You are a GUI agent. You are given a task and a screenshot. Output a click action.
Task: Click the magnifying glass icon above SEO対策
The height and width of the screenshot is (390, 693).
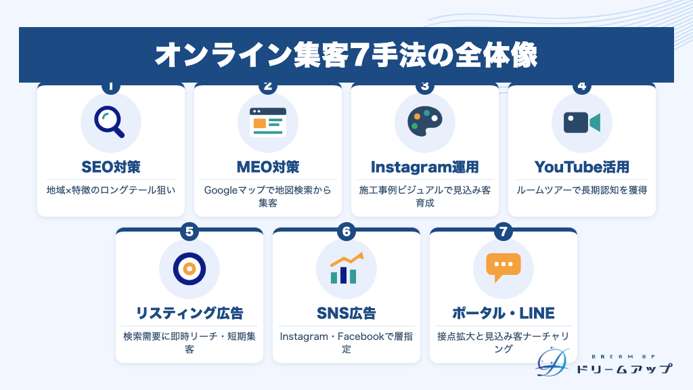[x=109, y=122]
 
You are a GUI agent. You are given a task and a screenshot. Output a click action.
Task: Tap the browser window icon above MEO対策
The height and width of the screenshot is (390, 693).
[x=268, y=123]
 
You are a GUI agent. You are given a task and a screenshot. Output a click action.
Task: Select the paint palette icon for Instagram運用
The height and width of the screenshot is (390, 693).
[x=425, y=121]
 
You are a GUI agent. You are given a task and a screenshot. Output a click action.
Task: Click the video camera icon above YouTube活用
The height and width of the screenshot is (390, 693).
[x=581, y=123]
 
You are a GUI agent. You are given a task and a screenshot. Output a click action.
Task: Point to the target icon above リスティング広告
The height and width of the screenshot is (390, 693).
[x=189, y=268]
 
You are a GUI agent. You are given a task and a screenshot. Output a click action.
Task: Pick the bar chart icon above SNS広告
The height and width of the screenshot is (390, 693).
[x=346, y=268]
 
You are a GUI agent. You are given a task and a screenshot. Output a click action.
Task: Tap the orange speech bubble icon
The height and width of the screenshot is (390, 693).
[x=503, y=267]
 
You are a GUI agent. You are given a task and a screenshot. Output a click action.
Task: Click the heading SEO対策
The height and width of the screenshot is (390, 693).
[x=111, y=167]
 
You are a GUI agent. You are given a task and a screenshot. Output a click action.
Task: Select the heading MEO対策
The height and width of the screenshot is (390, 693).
[x=268, y=167]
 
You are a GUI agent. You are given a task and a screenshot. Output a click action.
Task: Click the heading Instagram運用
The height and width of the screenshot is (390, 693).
[x=425, y=167]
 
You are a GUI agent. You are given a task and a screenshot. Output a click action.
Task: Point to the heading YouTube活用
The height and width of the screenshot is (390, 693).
[x=581, y=167]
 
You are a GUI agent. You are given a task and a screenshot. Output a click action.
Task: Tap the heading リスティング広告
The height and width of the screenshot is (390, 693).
[x=189, y=313]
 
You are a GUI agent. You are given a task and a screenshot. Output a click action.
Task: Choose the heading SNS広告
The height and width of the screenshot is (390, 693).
[x=346, y=313]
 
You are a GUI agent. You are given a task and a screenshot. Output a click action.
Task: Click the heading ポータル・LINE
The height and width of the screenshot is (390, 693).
[x=503, y=313]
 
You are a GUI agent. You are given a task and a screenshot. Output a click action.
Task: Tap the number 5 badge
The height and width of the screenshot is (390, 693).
[x=189, y=232]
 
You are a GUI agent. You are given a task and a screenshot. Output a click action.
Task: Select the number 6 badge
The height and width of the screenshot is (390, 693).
[x=346, y=232]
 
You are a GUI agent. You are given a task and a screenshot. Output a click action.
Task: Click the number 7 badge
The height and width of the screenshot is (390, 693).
[x=503, y=232]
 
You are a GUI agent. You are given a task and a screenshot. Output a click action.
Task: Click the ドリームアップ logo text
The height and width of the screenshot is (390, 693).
[x=624, y=368]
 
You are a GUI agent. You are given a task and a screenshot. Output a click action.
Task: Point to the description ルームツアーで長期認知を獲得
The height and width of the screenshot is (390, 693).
[x=581, y=190]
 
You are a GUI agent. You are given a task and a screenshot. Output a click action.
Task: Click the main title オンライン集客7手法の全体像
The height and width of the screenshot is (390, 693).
[x=346, y=56]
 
